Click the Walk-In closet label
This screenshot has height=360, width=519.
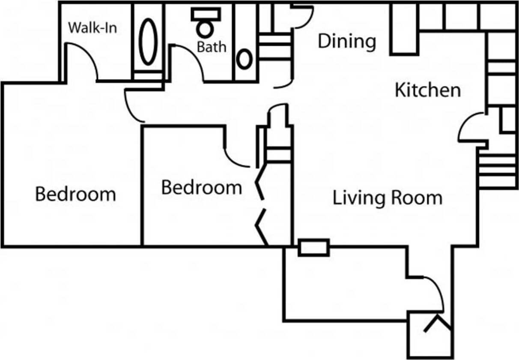(92, 28)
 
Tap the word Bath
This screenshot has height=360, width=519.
(211, 46)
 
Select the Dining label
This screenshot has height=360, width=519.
(347, 42)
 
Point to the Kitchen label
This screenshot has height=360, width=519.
(427, 90)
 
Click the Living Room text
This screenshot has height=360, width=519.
(387, 198)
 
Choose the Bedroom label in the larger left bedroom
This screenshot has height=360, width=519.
(75, 194)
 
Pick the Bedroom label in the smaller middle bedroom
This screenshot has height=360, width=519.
(201, 187)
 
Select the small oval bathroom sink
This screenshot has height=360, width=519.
(245, 60)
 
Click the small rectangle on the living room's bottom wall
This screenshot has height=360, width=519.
(313, 248)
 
